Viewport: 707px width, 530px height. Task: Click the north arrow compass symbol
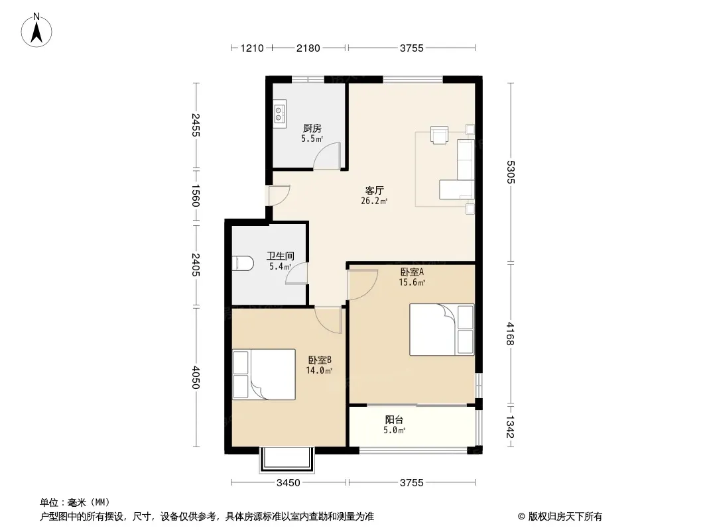(36, 30)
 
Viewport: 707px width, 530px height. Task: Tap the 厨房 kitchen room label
(312, 129)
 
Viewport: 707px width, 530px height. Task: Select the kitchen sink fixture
(280, 113)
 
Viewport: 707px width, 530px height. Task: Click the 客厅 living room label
(374, 191)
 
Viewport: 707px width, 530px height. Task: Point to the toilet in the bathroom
(241, 264)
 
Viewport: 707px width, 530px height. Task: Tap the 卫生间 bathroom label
(280, 256)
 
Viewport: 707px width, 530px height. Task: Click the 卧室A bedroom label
(412, 272)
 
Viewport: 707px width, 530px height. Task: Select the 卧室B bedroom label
(320, 360)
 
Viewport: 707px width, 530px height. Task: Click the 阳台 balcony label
(394, 419)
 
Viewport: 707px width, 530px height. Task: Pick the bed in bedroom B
(264, 374)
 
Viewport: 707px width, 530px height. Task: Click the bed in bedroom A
(442, 330)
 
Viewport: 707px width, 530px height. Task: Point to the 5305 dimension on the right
(511, 172)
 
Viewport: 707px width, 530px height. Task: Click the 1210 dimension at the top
(251, 48)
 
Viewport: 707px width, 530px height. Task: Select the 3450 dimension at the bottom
(288, 483)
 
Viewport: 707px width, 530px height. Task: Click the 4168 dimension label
(511, 334)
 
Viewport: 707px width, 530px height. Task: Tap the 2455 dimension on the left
(196, 125)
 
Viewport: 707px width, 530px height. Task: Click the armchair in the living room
(440, 134)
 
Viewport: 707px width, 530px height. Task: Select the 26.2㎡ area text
(374, 201)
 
